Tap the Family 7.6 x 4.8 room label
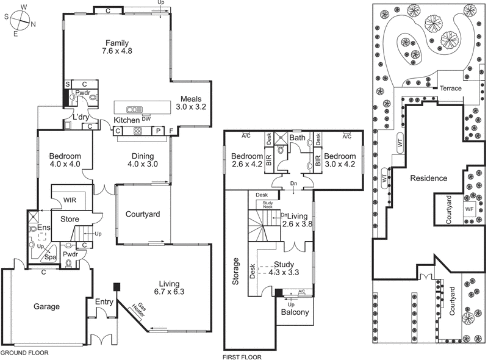pos(117,47)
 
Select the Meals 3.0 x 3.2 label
pos(192,102)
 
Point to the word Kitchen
pos(127,120)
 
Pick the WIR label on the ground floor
pos(70,200)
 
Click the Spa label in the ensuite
pos(45,257)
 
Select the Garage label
pos(46,306)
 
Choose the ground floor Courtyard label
pos(142,214)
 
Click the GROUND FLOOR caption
pos(24,353)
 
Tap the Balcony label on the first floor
pos(295,313)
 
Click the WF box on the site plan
pos(469,208)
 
